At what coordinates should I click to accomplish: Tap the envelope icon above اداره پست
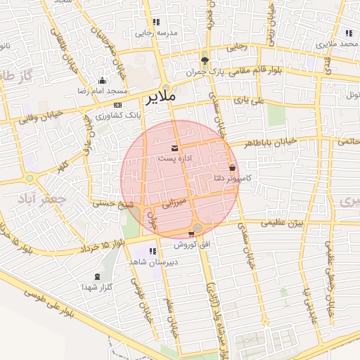pos(174,148)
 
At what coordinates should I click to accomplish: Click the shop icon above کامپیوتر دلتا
pos(233,168)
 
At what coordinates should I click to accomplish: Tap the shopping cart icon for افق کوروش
pos(191,234)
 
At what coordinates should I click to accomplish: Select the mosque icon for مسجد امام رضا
pos(103,80)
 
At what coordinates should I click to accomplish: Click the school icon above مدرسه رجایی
pos(156,22)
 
